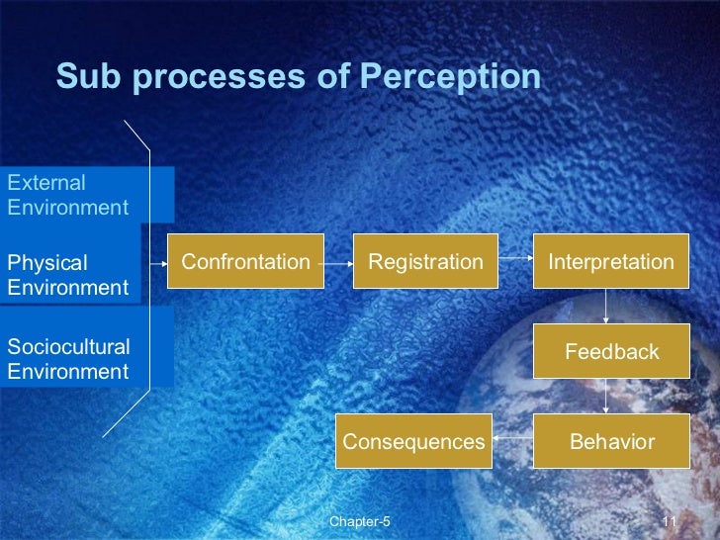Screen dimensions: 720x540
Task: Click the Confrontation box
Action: (x=245, y=262)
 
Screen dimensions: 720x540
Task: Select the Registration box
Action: (x=425, y=262)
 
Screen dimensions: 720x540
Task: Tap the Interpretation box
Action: (x=610, y=262)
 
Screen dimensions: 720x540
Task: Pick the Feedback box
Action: (x=610, y=351)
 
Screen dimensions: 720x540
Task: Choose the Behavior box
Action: (x=610, y=441)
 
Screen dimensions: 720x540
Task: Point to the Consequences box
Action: (x=413, y=441)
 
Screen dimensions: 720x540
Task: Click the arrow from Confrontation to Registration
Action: (x=338, y=264)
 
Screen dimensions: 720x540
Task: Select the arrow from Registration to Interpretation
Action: (x=515, y=263)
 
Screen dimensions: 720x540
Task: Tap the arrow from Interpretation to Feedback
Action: (x=605, y=307)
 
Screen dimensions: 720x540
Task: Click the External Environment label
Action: (x=67, y=195)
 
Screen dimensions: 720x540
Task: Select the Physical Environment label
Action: (x=67, y=275)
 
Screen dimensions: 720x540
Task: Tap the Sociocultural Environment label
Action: (x=68, y=359)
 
